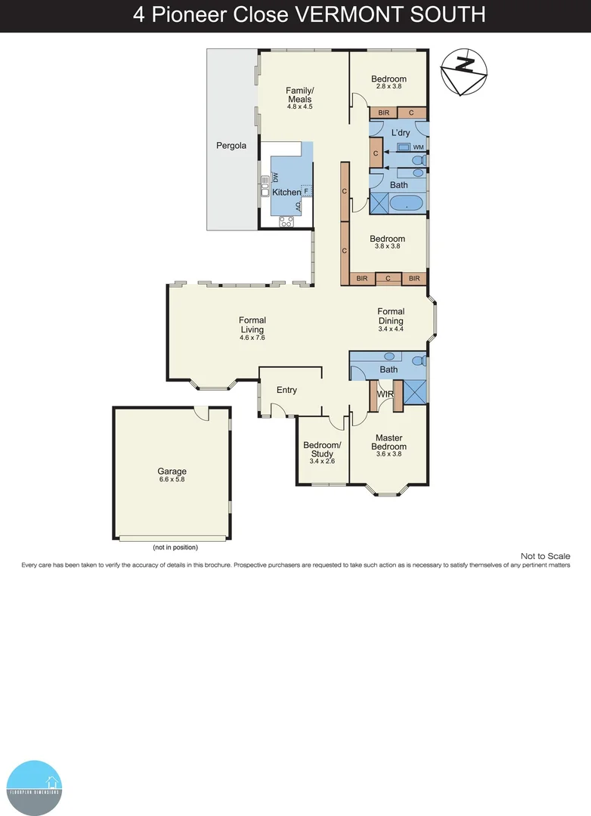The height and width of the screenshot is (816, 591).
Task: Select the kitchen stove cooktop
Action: click(x=286, y=221)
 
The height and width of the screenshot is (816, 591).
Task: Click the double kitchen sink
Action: click(x=265, y=186)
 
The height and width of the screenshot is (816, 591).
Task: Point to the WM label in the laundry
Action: click(x=418, y=147)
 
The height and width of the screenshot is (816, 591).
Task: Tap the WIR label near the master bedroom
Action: click(x=385, y=394)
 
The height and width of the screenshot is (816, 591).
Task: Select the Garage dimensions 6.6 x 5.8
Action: click(x=172, y=480)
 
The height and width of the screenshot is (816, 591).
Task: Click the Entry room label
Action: click(x=286, y=390)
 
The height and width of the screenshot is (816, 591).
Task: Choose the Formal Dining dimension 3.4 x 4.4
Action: click(x=391, y=330)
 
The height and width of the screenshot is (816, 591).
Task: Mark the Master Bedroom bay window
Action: click(x=387, y=492)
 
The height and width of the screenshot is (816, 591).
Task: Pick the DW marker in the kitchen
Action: click(x=276, y=177)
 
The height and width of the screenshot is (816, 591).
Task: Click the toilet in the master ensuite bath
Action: click(x=419, y=360)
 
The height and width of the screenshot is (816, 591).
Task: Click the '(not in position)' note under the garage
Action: click(x=175, y=547)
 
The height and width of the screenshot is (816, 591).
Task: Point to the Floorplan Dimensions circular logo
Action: click(x=33, y=787)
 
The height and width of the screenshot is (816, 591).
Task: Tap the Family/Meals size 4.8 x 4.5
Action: click(x=299, y=107)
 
